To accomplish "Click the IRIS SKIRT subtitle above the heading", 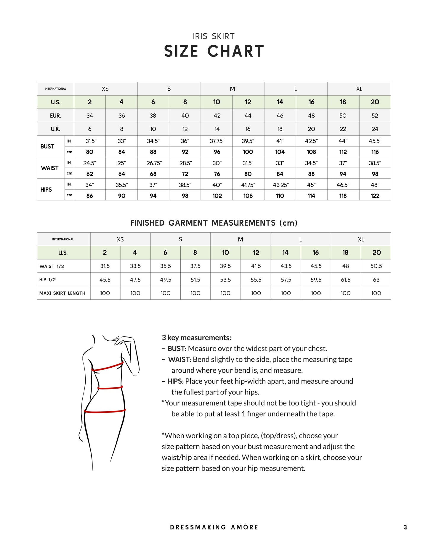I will coord(214,36).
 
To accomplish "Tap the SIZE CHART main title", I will coord(214,51).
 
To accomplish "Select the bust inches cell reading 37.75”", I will coord(217,141).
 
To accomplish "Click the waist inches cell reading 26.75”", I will coord(154,163).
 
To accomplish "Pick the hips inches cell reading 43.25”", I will coord(280,185).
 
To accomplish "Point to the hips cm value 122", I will coord(375,195).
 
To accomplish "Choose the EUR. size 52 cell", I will coord(375,116).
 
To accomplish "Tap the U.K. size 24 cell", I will coord(375,129).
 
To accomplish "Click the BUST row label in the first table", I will coord(47,146).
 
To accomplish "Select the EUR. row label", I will coord(55,116).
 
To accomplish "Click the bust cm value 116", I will coord(375,152).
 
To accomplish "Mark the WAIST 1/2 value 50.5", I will coord(376,266).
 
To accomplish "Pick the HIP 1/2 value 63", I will coord(376,279).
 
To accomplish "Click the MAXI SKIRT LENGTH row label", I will coord(62,293).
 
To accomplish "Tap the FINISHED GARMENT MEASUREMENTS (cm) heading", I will coord(214,223).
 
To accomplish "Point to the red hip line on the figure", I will coord(105,411).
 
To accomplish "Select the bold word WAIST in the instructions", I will coord(179,360).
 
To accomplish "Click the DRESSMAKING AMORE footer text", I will coord(214,527).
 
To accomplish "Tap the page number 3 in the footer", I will coord(405,527).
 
